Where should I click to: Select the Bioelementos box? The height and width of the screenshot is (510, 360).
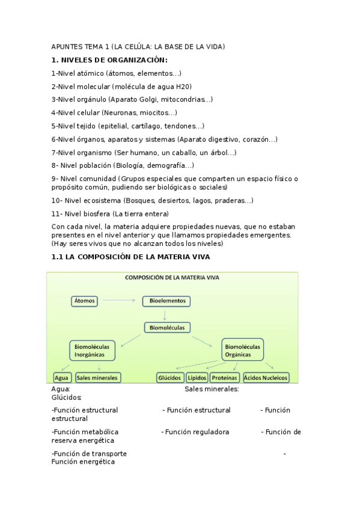[166, 300]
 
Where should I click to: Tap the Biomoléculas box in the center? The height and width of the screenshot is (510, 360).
[168, 328]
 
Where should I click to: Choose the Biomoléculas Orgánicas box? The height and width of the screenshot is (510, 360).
[242, 351]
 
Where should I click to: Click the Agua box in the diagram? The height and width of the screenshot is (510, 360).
[61, 378]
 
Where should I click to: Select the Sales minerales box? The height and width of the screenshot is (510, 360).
[97, 378]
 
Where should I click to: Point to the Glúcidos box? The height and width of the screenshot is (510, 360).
[169, 378]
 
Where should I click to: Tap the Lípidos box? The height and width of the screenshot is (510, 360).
[197, 378]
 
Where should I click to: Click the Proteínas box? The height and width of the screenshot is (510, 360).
[224, 378]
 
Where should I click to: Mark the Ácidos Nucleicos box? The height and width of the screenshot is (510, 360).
[266, 378]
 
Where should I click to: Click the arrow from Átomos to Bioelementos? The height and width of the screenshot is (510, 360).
[120, 300]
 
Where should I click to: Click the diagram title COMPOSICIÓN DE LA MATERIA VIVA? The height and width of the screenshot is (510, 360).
[171, 278]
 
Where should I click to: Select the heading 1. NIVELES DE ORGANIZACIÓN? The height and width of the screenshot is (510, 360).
[109, 60]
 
